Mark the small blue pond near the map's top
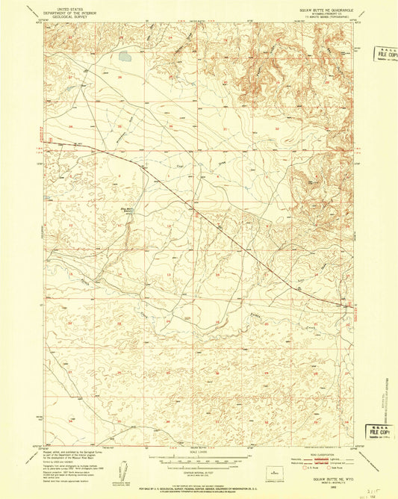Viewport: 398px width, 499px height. (125, 55)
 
